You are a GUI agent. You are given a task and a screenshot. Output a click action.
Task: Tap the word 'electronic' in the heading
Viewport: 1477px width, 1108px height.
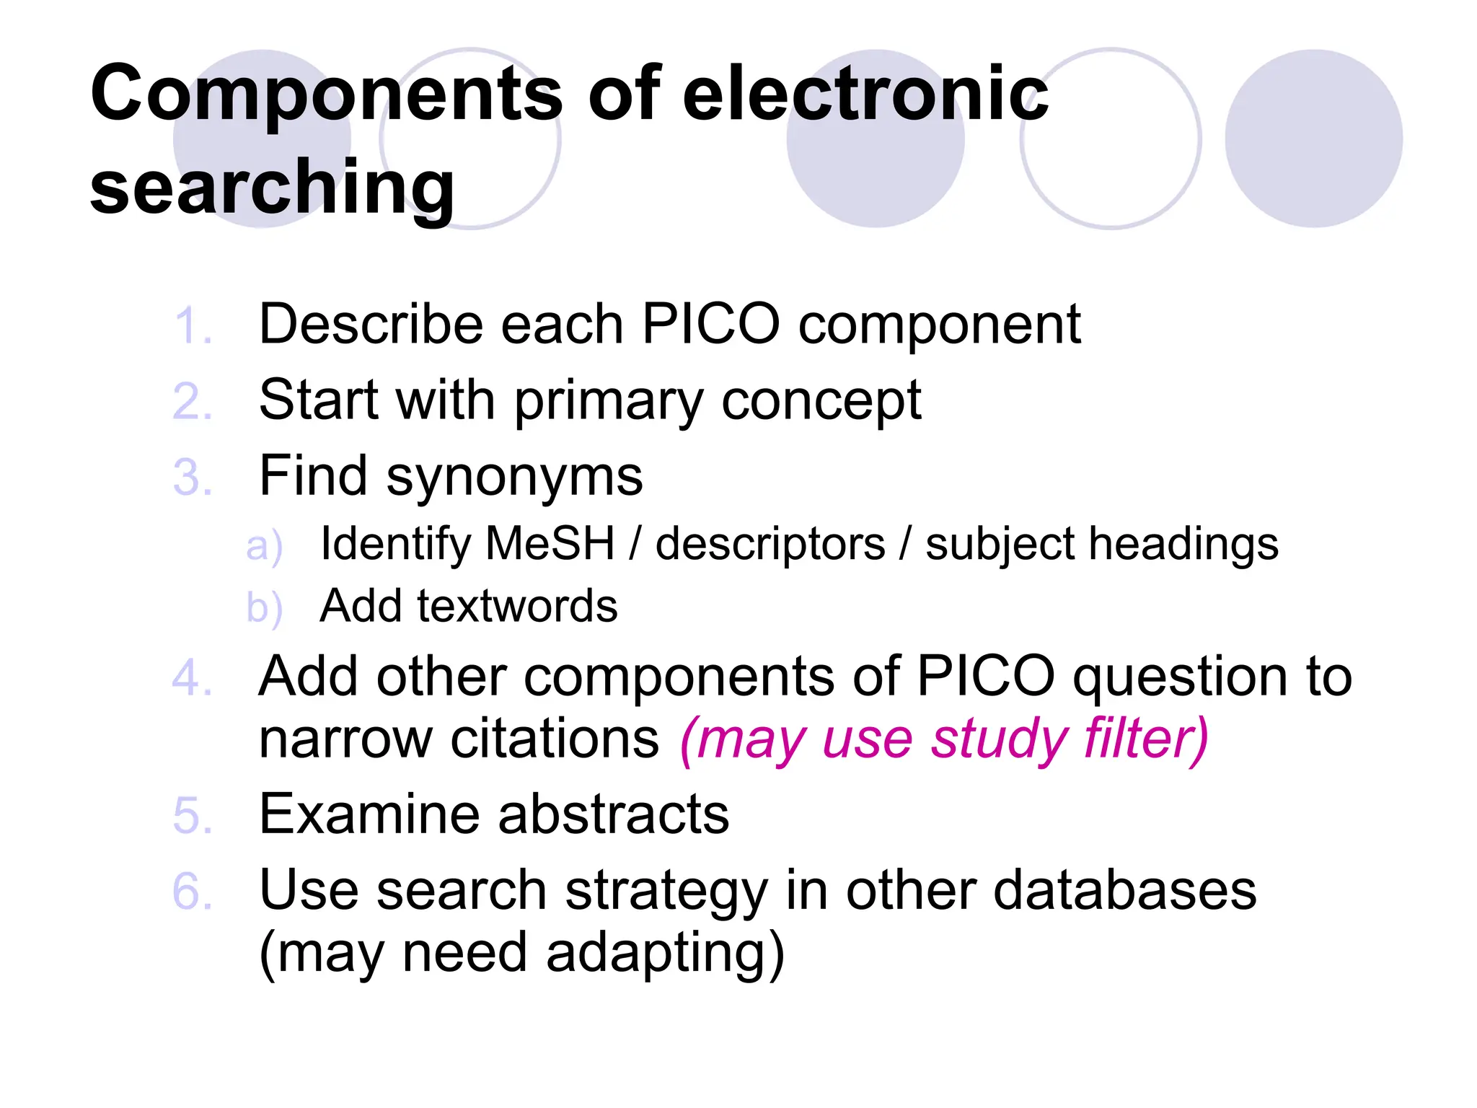[x=865, y=94]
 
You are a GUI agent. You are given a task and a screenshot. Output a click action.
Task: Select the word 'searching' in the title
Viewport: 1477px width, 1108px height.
[x=273, y=188]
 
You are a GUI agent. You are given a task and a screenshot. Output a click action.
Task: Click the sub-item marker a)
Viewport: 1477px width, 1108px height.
[x=263, y=546]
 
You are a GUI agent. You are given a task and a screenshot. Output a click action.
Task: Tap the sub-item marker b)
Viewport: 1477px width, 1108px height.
[x=263, y=608]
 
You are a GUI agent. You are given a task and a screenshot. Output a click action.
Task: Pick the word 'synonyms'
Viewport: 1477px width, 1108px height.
[x=514, y=478]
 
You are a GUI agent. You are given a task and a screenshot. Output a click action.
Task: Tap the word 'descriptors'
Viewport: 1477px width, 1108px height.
[x=770, y=545]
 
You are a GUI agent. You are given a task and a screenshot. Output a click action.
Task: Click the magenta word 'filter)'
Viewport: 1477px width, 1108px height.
[x=1146, y=739]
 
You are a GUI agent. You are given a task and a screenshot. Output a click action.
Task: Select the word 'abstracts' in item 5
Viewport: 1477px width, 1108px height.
[x=613, y=815]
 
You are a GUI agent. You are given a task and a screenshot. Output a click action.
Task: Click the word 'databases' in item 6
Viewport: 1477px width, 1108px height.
[x=1124, y=890]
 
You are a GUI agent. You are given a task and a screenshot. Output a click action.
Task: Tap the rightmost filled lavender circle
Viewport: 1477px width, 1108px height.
[x=1313, y=138]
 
